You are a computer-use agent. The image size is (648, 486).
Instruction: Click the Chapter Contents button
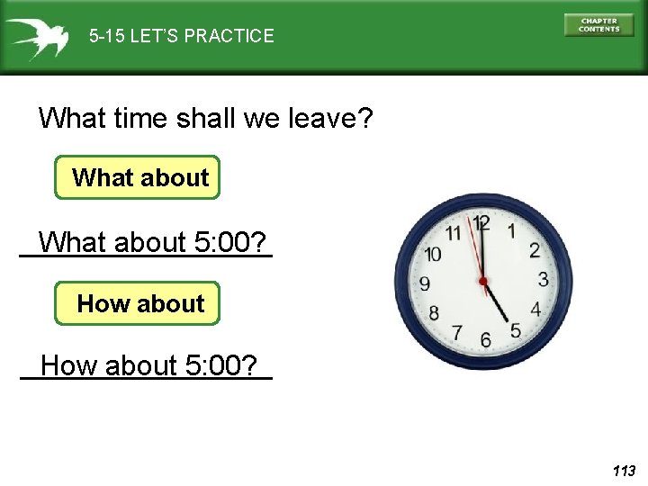598,25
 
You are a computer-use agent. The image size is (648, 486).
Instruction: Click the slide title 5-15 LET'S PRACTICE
182,37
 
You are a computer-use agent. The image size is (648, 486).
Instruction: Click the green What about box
138,177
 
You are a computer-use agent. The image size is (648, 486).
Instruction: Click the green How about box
138,303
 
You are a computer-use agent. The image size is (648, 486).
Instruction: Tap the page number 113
623,471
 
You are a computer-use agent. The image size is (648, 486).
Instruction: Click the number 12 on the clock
482,222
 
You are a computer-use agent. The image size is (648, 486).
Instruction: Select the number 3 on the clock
543,279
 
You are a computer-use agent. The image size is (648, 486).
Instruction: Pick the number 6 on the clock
485,340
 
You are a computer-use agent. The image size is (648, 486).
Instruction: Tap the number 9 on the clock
424,283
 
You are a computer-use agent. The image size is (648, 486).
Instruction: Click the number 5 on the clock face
515,331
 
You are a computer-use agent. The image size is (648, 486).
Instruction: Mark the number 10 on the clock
432,254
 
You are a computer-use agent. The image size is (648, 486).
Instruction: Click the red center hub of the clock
483,282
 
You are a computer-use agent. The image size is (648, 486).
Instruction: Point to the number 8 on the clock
433,313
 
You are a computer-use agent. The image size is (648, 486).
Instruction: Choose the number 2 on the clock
534,250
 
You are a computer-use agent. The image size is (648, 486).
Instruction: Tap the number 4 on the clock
535,310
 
